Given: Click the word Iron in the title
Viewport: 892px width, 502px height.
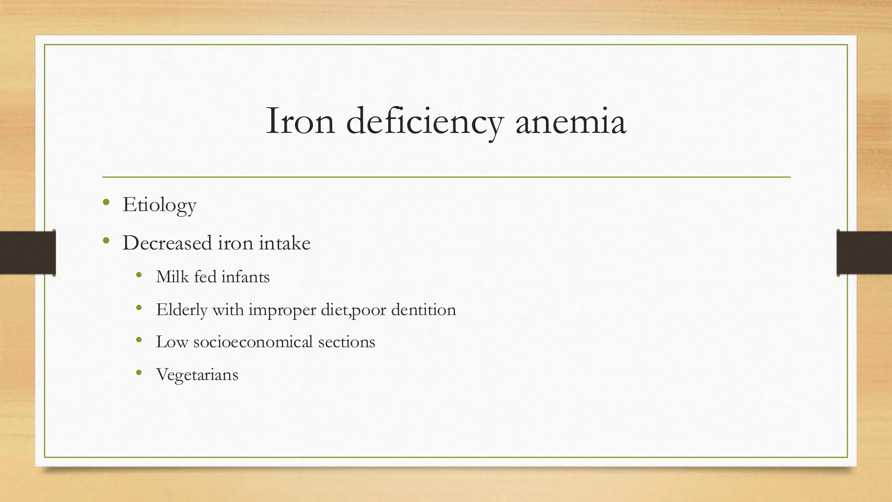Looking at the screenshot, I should [x=300, y=121].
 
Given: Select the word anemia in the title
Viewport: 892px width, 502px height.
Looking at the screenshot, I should [x=571, y=121].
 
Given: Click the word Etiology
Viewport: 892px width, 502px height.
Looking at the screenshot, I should [x=159, y=205].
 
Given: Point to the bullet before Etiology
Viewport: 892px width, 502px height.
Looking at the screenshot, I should [x=106, y=202].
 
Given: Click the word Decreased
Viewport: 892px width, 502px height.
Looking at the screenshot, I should [x=167, y=243].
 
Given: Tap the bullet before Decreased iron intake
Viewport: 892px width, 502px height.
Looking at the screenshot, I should [x=106, y=240].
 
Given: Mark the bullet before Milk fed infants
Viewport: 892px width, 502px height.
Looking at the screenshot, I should [x=139, y=275].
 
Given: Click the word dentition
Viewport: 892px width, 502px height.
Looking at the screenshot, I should [x=423, y=309].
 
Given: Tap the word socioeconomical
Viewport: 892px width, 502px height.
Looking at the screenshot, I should [x=253, y=342].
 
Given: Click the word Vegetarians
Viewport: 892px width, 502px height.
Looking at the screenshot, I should [x=197, y=374].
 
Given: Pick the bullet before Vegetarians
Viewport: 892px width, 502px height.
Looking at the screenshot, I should [x=139, y=373].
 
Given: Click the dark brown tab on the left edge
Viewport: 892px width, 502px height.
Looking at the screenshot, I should [x=27, y=253].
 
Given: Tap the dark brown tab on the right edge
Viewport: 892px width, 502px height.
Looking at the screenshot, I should [x=864, y=253].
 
